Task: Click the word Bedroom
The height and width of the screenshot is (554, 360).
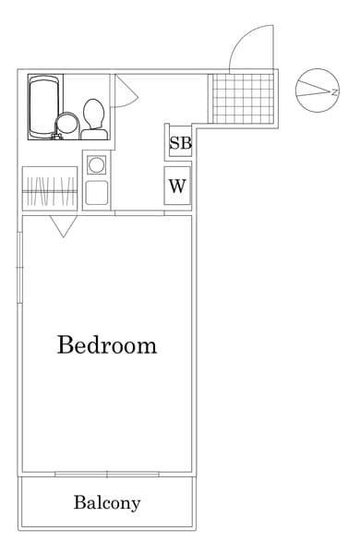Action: point(106,346)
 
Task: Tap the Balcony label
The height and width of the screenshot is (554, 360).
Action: point(107,503)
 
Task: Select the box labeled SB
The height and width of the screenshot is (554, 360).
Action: point(179,144)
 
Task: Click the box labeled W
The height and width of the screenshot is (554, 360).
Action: point(177,186)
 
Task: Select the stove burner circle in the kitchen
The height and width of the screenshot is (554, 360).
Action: point(96,165)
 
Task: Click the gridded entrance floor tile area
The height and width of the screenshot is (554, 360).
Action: point(243,98)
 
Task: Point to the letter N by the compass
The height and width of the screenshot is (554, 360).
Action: point(334,91)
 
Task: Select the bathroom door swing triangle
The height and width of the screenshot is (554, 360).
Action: point(125,90)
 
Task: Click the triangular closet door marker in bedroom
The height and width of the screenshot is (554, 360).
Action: point(63,225)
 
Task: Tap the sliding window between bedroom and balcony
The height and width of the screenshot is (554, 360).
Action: point(106,474)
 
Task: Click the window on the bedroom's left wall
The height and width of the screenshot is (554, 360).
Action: point(18,268)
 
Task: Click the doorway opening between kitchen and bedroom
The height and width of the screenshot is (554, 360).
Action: point(139,213)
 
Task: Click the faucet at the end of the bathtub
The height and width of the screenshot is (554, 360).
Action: point(54,137)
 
